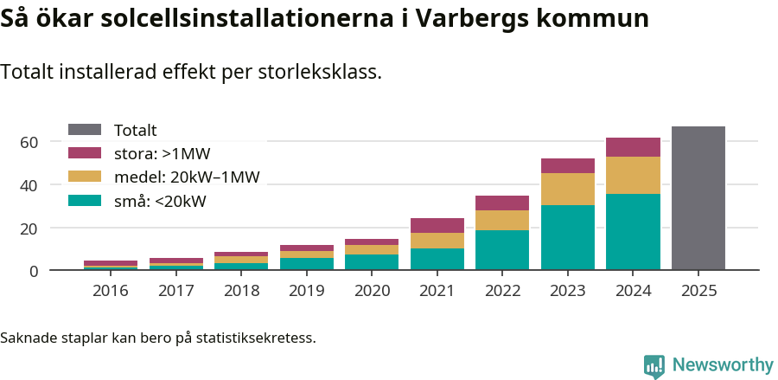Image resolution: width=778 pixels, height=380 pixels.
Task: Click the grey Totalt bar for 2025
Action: coord(698,198)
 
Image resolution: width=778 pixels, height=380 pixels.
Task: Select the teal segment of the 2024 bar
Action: coord(633,232)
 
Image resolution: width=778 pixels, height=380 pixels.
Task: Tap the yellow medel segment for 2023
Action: coord(567,189)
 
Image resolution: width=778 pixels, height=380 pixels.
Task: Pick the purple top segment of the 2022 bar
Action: coord(502,203)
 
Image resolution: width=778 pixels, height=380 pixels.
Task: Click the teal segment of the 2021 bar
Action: coord(437,260)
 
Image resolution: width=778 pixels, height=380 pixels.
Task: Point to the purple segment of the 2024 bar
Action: coord(633,147)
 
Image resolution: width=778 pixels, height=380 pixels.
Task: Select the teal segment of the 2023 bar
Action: coord(567,238)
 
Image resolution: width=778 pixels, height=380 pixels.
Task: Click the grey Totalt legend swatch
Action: coord(85,130)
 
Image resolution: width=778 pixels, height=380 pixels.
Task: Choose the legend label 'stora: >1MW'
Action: coord(162,154)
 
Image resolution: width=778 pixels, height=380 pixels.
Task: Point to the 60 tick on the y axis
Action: coord(29,142)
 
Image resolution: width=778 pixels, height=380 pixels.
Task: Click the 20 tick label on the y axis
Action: coord(29,229)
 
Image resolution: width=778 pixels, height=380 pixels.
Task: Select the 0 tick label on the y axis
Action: coord(34,271)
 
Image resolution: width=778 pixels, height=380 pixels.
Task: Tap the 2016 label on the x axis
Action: coord(111,291)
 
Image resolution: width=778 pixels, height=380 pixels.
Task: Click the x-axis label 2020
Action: coord(372,291)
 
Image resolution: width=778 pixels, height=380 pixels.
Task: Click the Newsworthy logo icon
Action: coord(654,365)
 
